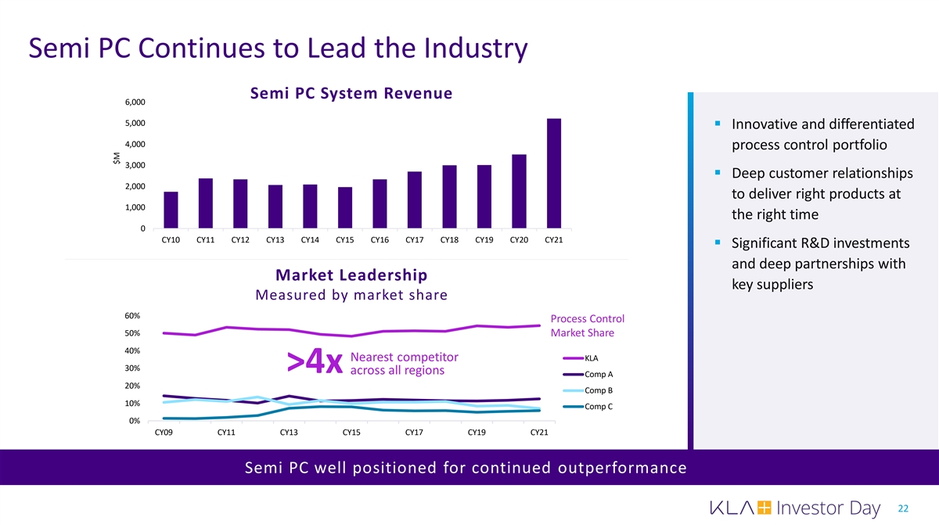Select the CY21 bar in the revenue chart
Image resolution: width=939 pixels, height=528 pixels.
tap(553, 174)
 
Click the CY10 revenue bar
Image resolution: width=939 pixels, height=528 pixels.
tap(171, 210)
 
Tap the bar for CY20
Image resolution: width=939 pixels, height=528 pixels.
tap(519, 191)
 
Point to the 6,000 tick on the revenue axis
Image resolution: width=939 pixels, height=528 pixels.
tap(134, 102)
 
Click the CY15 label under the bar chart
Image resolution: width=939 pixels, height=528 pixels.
tap(344, 240)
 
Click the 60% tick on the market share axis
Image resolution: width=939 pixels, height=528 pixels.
tap(131, 315)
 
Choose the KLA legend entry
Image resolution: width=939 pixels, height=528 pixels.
tap(591, 358)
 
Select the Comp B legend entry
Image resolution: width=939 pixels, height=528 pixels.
tap(599, 390)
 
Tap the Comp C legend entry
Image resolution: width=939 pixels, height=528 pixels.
tap(599, 407)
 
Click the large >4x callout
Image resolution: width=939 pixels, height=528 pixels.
tap(315, 362)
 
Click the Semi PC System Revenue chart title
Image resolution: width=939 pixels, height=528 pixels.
tap(351, 94)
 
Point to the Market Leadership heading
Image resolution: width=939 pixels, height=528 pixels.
tap(351, 275)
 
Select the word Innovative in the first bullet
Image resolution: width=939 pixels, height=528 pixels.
tap(768, 125)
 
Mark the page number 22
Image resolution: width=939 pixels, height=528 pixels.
tap(903, 508)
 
